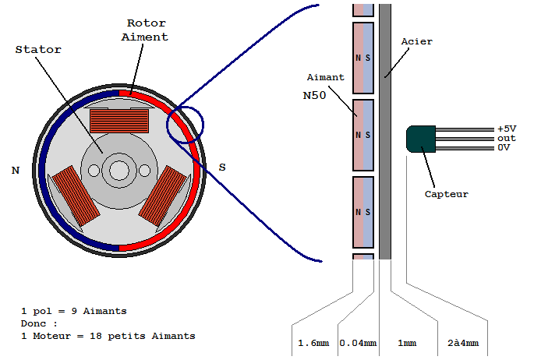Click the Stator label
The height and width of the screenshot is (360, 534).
(x=38, y=49)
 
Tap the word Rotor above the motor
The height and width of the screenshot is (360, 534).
(x=147, y=23)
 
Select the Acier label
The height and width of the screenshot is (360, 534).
(x=416, y=41)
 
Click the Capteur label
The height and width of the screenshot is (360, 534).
(x=446, y=194)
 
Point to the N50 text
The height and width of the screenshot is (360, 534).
(x=314, y=95)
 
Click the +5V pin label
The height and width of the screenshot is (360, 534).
(x=507, y=129)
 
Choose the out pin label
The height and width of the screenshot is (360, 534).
(x=507, y=138)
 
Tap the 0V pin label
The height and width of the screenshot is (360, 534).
(x=504, y=147)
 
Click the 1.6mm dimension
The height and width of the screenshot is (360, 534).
(x=313, y=343)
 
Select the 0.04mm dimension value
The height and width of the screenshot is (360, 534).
(x=358, y=343)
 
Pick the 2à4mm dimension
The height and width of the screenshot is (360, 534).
(x=463, y=343)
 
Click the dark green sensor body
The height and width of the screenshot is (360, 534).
(x=421, y=139)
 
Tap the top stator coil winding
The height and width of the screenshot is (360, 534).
(x=119, y=121)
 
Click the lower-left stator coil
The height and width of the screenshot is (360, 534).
(x=76, y=196)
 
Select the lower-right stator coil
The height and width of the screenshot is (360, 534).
(x=162, y=196)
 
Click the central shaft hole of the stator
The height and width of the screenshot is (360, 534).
(x=119, y=170)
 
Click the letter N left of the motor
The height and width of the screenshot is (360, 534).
(x=16, y=170)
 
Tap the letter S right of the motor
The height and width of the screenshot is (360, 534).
(x=222, y=167)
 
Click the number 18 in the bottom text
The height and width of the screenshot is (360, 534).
(x=95, y=336)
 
